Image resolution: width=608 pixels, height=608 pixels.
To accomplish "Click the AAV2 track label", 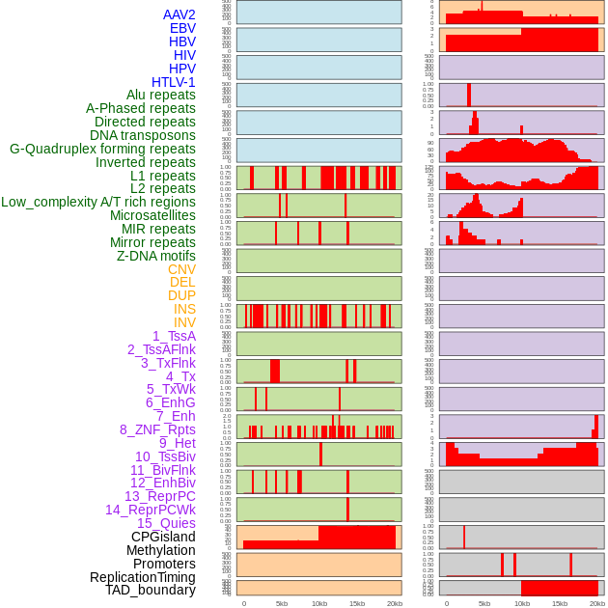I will [x=179, y=14].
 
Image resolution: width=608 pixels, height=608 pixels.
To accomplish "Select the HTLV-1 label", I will [x=173, y=82].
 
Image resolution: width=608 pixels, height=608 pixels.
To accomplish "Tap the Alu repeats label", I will [x=160, y=96].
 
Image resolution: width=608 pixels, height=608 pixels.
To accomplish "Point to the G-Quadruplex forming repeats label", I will [x=102, y=149].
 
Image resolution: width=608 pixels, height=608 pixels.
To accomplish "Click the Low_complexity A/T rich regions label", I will [x=98, y=202].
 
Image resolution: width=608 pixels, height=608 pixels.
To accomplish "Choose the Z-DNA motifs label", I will [x=155, y=256].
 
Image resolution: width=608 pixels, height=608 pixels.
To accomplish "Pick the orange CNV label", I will [x=181, y=269].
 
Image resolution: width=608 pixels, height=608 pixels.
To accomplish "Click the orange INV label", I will [x=184, y=322].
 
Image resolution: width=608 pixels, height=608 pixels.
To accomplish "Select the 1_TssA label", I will [x=174, y=336].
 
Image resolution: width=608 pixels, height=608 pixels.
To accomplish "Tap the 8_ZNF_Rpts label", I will [x=157, y=429].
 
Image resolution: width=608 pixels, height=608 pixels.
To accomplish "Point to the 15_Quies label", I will [x=166, y=523].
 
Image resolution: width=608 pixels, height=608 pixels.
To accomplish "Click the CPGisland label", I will [x=163, y=537].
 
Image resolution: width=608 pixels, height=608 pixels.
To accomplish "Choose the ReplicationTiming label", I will [x=142, y=577].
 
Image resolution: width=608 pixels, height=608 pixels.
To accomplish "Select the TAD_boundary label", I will [x=150, y=590].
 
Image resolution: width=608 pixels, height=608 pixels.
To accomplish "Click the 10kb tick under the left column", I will [x=318, y=603].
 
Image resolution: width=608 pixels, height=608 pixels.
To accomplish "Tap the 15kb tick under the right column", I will [x=560, y=603].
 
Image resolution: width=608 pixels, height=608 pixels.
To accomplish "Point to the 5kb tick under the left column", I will [x=281, y=603].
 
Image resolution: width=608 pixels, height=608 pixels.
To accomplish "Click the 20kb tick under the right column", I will [x=597, y=603].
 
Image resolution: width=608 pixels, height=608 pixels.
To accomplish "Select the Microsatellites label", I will [x=152, y=215].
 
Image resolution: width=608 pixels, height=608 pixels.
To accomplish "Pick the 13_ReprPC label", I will [x=159, y=496].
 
